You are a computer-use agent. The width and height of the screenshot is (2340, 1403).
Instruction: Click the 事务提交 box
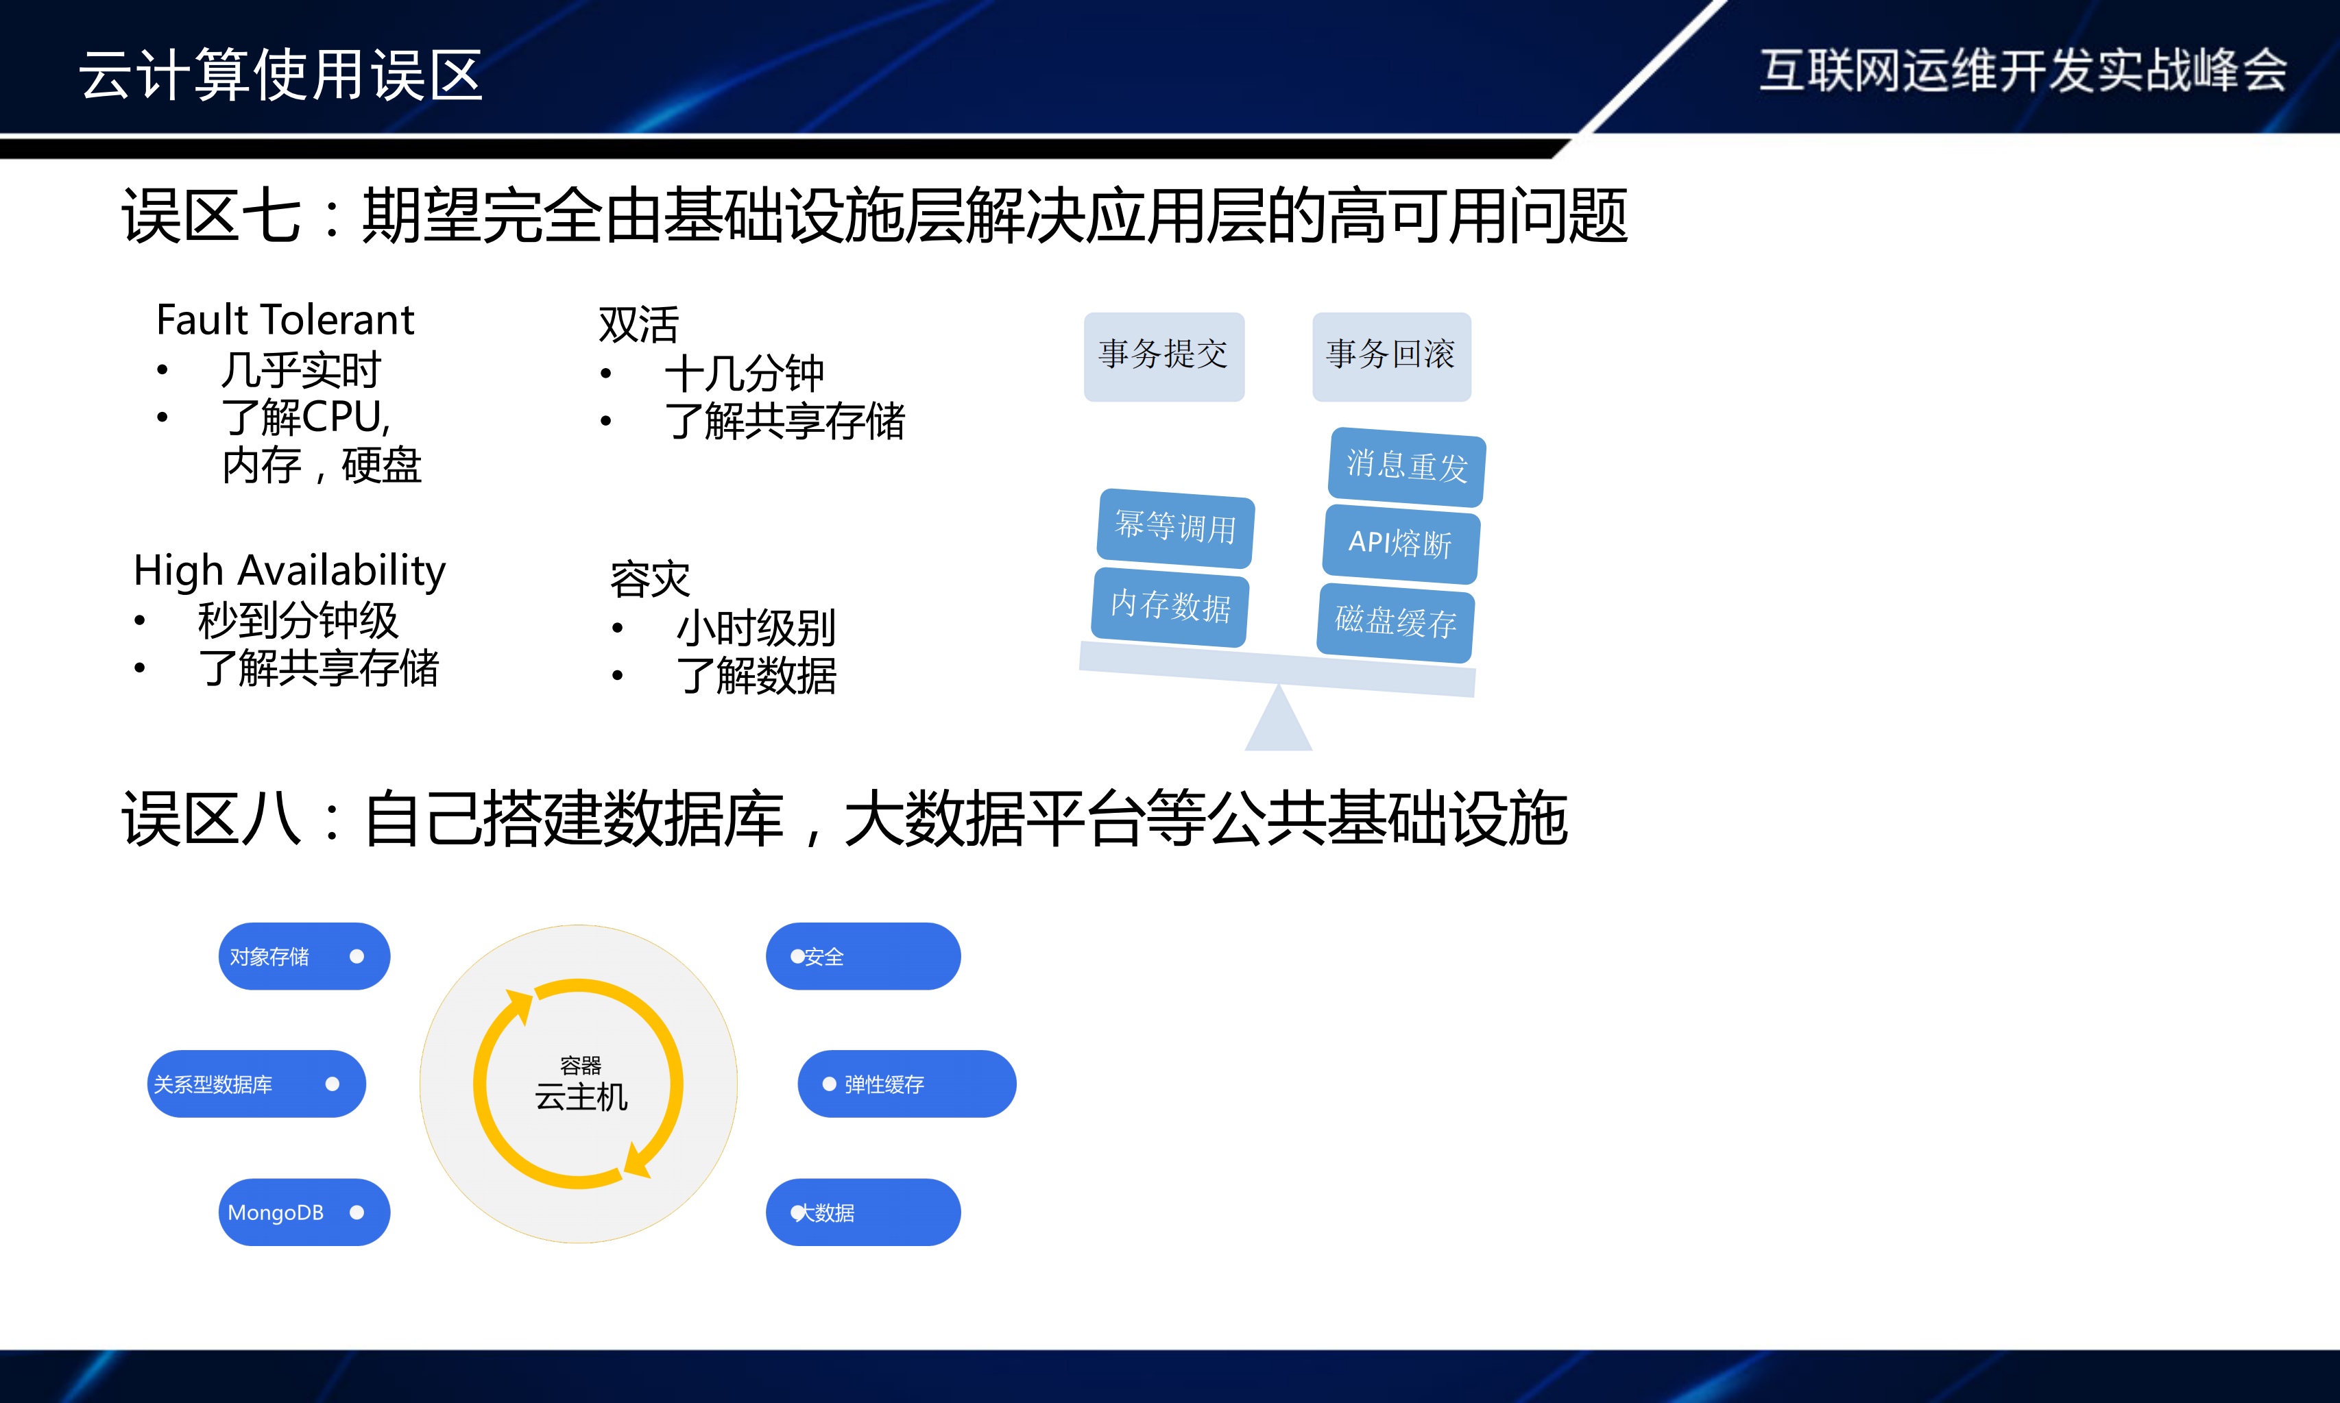point(1164,356)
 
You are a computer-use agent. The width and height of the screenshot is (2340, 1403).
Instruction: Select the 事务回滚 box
point(1390,356)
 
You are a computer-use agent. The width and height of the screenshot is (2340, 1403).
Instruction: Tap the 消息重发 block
point(1407,466)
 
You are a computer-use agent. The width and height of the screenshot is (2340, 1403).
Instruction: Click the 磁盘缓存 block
point(1395,622)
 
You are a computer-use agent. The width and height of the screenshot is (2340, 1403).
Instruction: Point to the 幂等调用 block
point(1175,528)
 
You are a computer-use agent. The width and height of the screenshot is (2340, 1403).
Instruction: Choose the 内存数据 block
point(1170,606)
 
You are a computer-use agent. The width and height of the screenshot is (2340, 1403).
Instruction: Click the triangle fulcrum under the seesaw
point(1278,723)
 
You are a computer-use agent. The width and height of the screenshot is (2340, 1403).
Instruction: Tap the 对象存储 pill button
point(304,957)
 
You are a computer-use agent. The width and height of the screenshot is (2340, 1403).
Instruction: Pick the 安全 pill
point(863,957)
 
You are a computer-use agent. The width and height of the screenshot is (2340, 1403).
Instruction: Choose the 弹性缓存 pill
point(906,1084)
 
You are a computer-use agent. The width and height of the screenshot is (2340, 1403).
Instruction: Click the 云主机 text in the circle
point(581,1097)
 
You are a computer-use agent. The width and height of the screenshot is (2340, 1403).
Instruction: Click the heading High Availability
point(289,571)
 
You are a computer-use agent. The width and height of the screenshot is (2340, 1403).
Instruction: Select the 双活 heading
point(638,324)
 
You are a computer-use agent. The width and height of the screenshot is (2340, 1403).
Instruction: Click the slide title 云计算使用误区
point(281,75)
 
